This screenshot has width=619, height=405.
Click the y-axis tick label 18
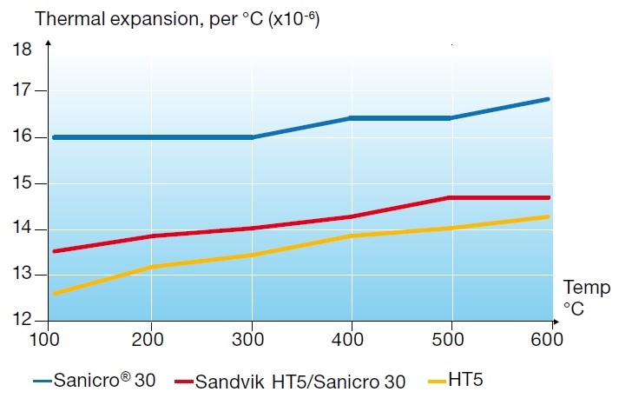click(23, 50)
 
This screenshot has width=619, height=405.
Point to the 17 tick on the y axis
click(23, 90)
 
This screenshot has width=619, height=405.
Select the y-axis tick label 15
click(23, 183)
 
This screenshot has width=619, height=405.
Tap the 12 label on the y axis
click(23, 321)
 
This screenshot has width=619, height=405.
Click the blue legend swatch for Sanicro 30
click(41, 381)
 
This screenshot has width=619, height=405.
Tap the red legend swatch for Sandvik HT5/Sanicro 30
click(183, 381)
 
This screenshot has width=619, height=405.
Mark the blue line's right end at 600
click(548, 99)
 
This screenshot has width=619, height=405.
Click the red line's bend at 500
click(449, 198)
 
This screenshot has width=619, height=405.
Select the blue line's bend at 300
click(252, 137)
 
